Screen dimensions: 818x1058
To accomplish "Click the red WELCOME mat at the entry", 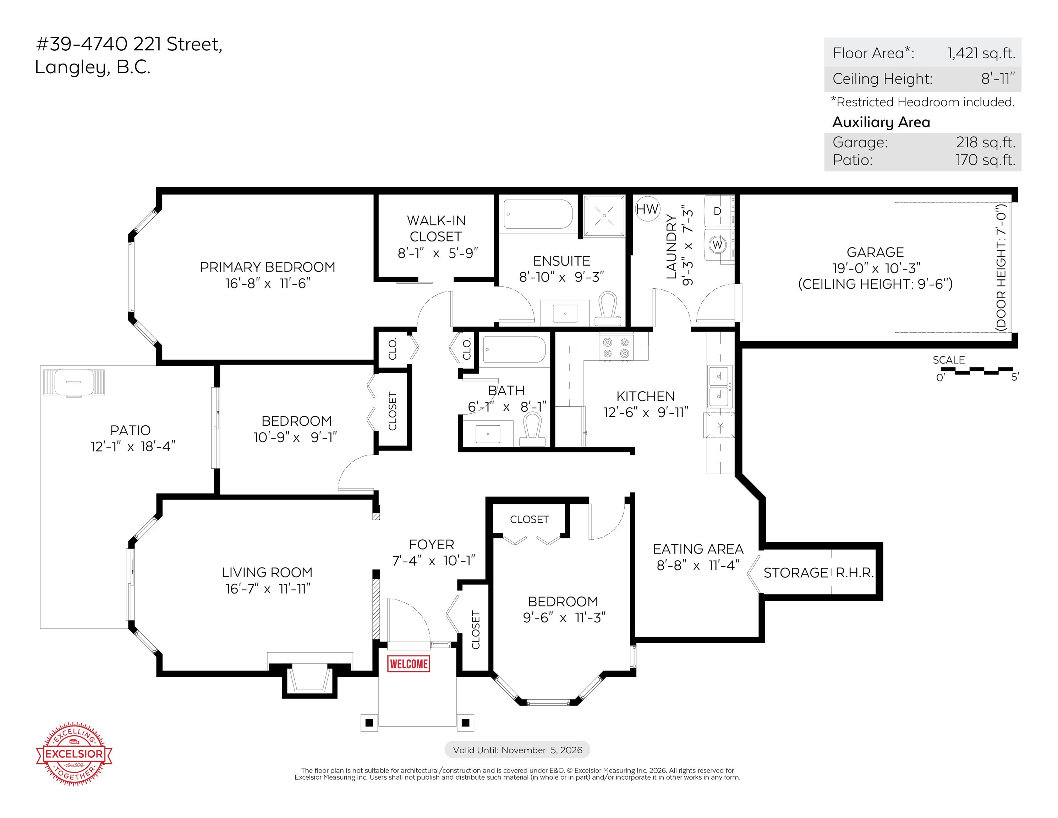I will [x=409, y=664].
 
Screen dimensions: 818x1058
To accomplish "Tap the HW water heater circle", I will [x=647, y=209].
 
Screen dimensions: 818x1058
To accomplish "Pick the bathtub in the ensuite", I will [x=537, y=214].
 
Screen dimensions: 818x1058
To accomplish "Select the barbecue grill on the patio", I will [x=73, y=382].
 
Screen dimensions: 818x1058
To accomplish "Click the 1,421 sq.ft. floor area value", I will [x=981, y=53].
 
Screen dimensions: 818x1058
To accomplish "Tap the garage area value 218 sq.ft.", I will [x=985, y=142].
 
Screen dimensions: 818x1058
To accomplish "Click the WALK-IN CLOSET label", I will [x=436, y=229].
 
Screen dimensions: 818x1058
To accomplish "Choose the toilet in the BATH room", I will [x=533, y=429].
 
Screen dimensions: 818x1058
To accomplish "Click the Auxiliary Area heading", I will [x=881, y=122].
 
